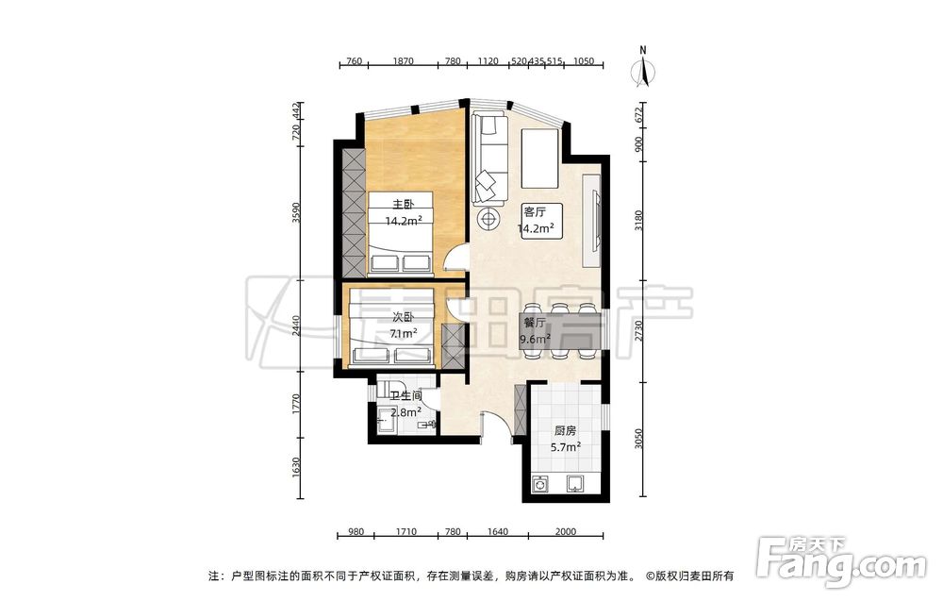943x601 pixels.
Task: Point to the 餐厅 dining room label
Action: point(535,323)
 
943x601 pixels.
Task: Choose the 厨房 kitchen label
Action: point(565,431)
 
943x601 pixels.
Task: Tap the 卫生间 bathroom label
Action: point(405,396)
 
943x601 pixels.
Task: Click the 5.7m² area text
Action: point(565,447)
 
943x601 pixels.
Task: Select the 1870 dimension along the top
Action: point(403,60)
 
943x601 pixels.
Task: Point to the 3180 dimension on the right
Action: point(639,220)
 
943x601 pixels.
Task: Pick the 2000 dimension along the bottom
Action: point(565,532)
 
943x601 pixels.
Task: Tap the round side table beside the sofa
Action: point(488,217)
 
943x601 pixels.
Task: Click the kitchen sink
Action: point(575,483)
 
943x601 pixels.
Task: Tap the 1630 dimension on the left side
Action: point(295,467)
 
